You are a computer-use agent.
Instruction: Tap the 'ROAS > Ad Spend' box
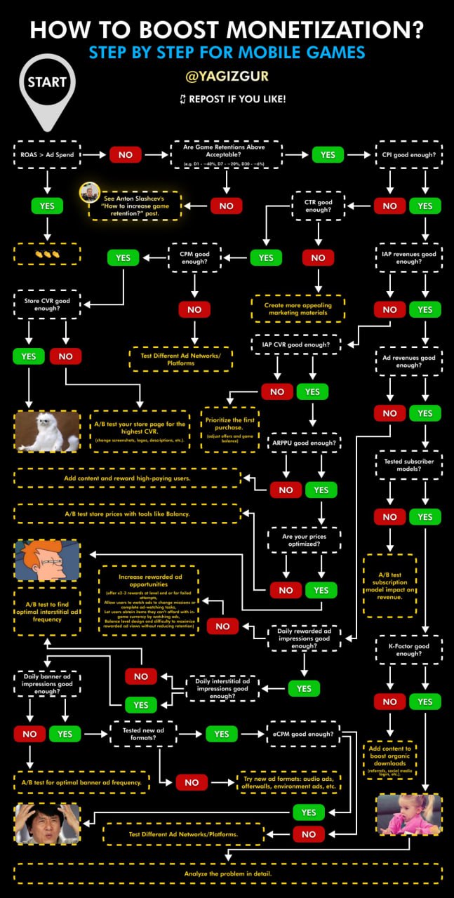[46, 154]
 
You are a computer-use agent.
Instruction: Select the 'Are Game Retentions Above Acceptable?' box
[227, 154]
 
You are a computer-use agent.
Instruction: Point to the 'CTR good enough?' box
[318, 206]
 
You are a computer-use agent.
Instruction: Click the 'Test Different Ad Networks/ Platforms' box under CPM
[180, 358]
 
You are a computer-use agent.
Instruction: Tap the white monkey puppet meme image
[48, 430]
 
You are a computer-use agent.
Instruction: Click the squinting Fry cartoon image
[47, 561]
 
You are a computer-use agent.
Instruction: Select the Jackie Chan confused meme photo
[47, 824]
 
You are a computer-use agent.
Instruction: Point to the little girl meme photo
[409, 815]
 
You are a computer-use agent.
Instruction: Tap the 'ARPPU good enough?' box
[305, 443]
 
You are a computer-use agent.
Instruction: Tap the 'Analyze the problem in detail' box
[227, 873]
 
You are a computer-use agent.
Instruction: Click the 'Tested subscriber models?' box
[408, 466]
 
